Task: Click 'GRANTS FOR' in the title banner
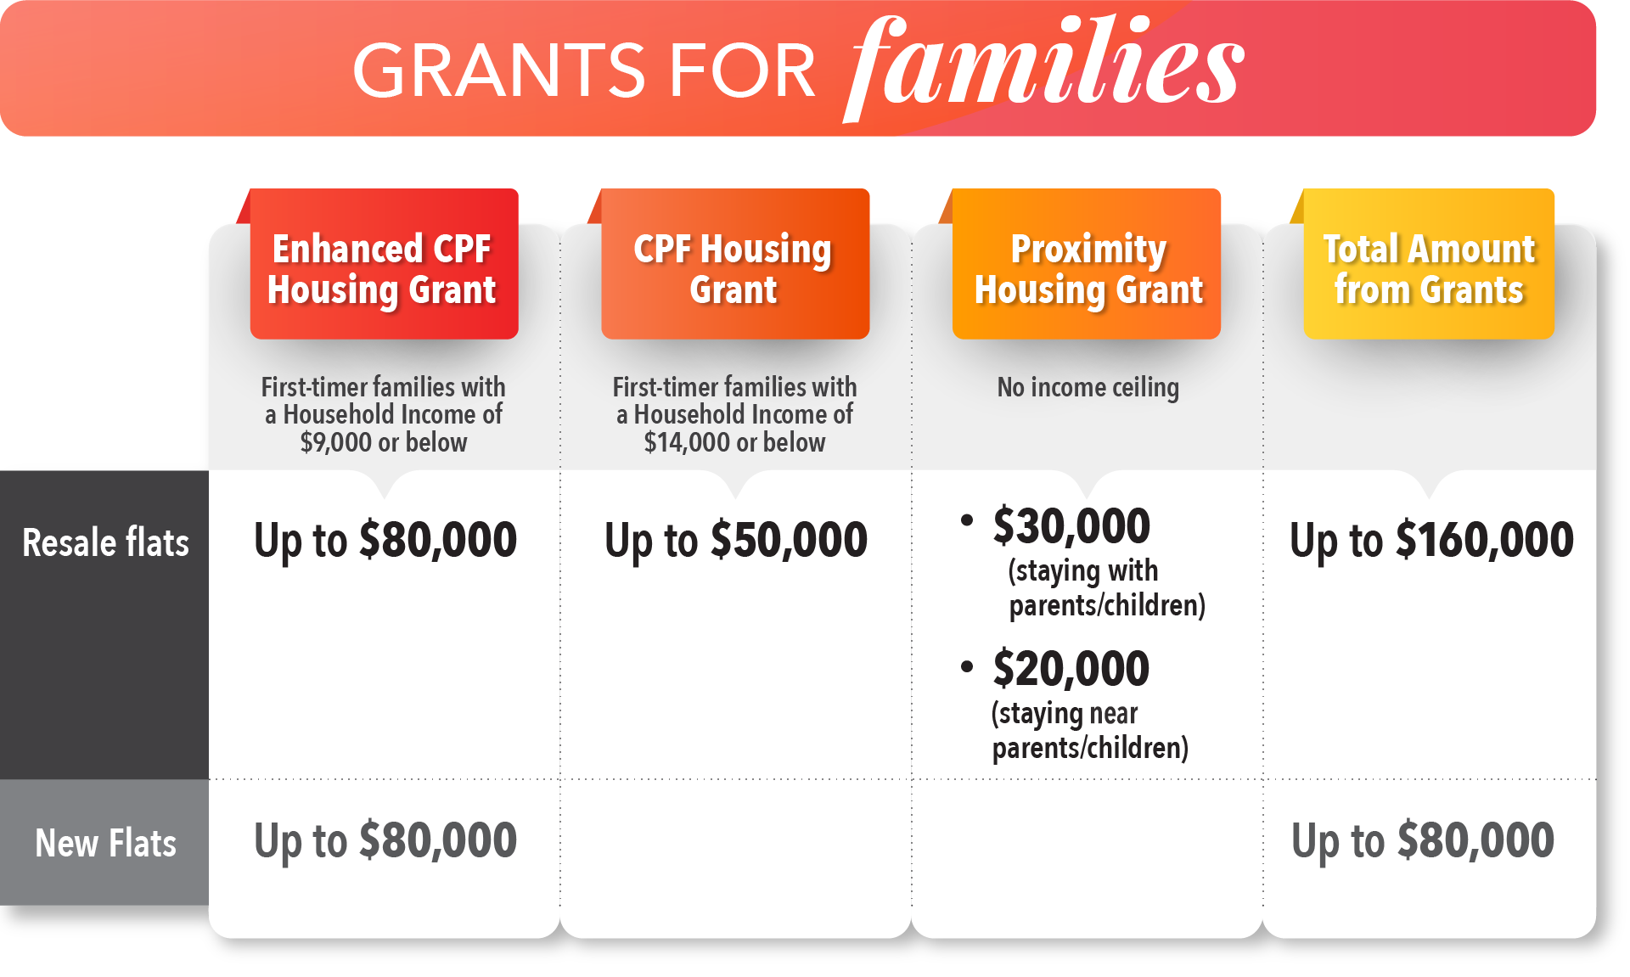(x=584, y=71)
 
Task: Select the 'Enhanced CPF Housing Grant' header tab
(x=384, y=264)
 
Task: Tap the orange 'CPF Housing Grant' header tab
(x=735, y=264)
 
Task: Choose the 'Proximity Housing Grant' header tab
(x=1087, y=264)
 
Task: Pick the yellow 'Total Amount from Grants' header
(x=1429, y=264)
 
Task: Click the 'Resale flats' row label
(x=105, y=542)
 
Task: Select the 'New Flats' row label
(x=105, y=843)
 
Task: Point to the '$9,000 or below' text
(x=384, y=442)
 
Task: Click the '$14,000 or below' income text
(x=735, y=442)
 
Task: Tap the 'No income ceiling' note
(x=1088, y=388)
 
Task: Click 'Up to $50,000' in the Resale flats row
(x=736, y=540)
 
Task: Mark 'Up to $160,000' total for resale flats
(x=1431, y=540)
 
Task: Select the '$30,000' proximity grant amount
(x=1071, y=525)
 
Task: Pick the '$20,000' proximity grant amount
(x=1071, y=668)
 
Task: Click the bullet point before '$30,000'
(x=967, y=520)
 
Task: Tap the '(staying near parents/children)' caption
(x=1090, y=731)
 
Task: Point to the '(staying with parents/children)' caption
(x=1107, y=588)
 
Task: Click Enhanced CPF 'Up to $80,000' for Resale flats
(x=385, y=540)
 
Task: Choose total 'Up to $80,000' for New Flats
(x=1423, y=840)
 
